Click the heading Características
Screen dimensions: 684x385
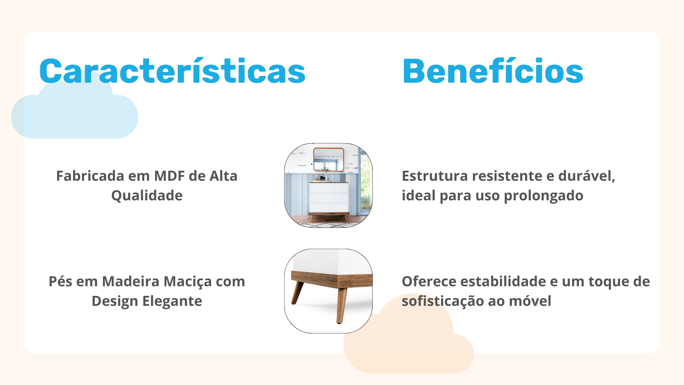pyautogui.click(x=172, y=71)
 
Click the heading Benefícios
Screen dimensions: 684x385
pyautogui.click(x=493, y=71)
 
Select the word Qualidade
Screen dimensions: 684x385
pyautogui.click(x=147, y=196)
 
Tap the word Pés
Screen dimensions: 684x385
pyautogui.click(x=61, y=281)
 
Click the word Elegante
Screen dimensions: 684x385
pyautogui.click(x=172, y=302)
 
